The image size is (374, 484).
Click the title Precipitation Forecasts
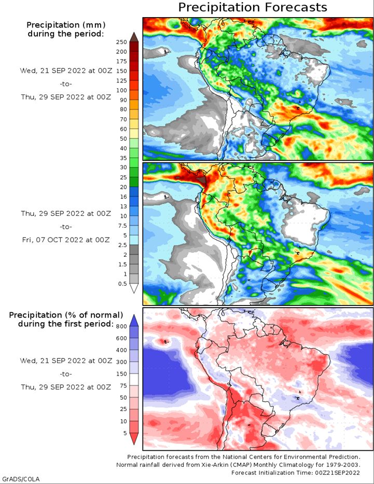coord(253,7)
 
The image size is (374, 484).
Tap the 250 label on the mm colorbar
coord(121,42)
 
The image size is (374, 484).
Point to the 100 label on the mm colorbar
coord(121,90)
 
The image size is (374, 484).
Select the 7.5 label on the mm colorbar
coord(123,226)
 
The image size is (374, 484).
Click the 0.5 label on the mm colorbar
coord(123,284)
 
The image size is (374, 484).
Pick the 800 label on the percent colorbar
coord(121,326)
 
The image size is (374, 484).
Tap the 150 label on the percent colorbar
coord(121,374)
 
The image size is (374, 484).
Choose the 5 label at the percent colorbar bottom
coord(125,433)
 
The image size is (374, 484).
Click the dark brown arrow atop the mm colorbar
coord(134,37)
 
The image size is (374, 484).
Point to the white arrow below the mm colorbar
coord(134,288)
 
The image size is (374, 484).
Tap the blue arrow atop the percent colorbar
coord(134,321)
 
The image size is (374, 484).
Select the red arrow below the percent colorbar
coord(134,439)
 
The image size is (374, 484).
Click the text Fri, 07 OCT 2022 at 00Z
coord(66,240)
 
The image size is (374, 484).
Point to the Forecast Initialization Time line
coord(296,473)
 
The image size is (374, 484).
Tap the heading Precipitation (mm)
coord(66,25)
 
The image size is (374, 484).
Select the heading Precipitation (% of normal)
coord(66,315)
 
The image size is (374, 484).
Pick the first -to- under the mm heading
coord(66,84)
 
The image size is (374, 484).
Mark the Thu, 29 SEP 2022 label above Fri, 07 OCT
coord(66,214)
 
